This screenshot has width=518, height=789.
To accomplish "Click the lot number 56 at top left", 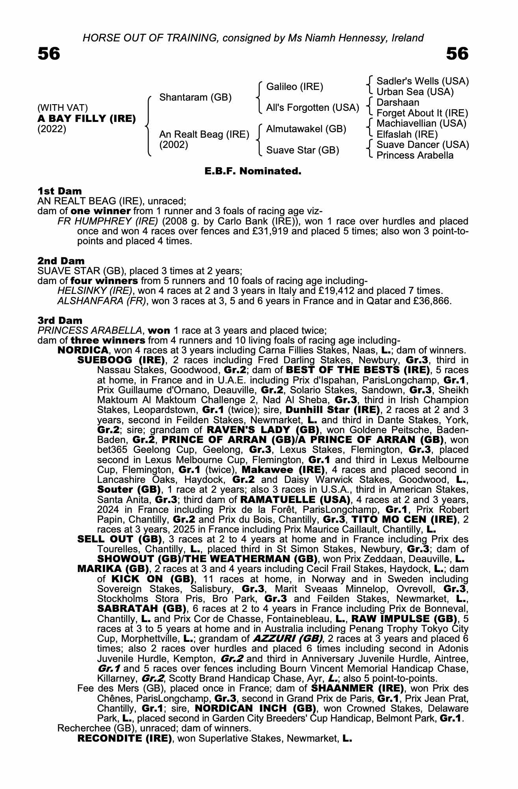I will (49, 54).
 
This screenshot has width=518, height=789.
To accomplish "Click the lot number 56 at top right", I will (457, 54).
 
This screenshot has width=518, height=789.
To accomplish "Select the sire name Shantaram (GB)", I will (195, 97).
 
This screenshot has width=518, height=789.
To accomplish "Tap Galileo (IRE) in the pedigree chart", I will (295, 86).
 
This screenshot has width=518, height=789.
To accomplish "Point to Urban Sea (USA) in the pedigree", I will (415, 92).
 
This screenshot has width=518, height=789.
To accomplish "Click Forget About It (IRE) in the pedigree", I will (422, 113).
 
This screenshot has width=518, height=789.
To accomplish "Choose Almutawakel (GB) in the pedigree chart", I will (306, 129).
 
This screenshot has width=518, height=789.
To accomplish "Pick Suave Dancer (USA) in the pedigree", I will (423, 145).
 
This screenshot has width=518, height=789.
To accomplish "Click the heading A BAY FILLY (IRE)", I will (87, 118).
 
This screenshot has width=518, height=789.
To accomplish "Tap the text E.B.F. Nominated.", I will (253, 171).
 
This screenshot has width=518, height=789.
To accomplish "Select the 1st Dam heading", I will (60, 191).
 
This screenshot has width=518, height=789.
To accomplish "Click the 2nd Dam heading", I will (61, 261).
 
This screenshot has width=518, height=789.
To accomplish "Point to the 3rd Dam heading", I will (60, 320).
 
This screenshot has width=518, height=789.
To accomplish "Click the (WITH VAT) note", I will (63, 108).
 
